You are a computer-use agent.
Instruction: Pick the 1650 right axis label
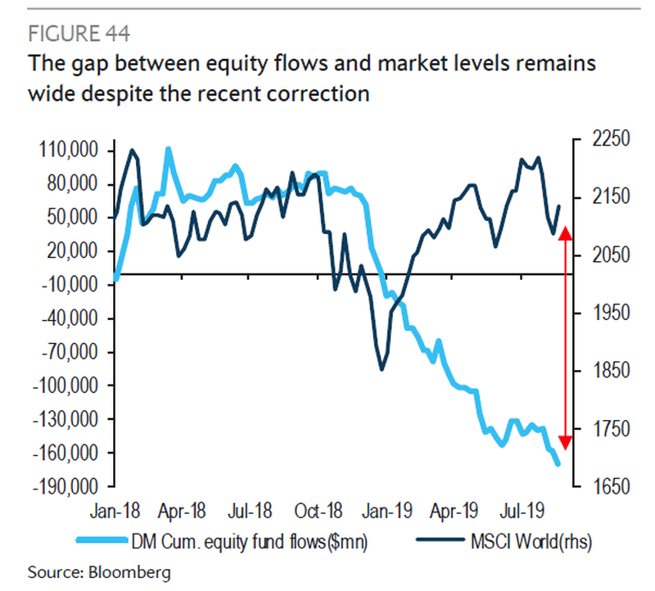pyautogui.click(x=603, y=486)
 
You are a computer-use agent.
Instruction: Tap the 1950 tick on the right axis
pyautogui.click(x=603, y=313)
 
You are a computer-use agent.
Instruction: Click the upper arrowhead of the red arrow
pyautogui.click(x=564, y=235)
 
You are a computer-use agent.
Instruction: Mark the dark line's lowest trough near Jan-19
pyautogui.click(x=382, y=369)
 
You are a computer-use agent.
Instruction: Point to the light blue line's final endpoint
pyautogui.click(x=558, y=464)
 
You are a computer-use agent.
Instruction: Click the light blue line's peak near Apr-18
pyautogui.click(x=168, y=150)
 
